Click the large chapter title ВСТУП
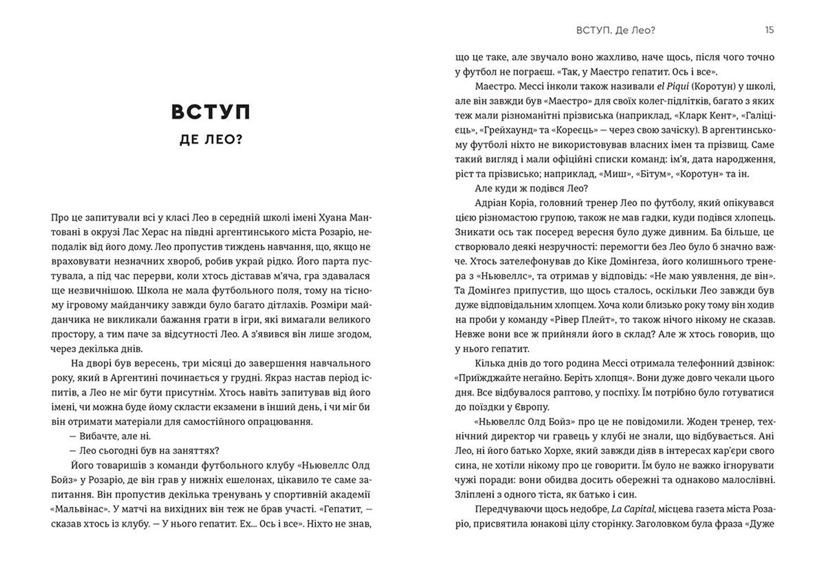(211, 112)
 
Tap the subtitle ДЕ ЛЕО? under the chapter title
(211, 140)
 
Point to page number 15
(769, 30)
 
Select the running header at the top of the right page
(615, 30)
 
